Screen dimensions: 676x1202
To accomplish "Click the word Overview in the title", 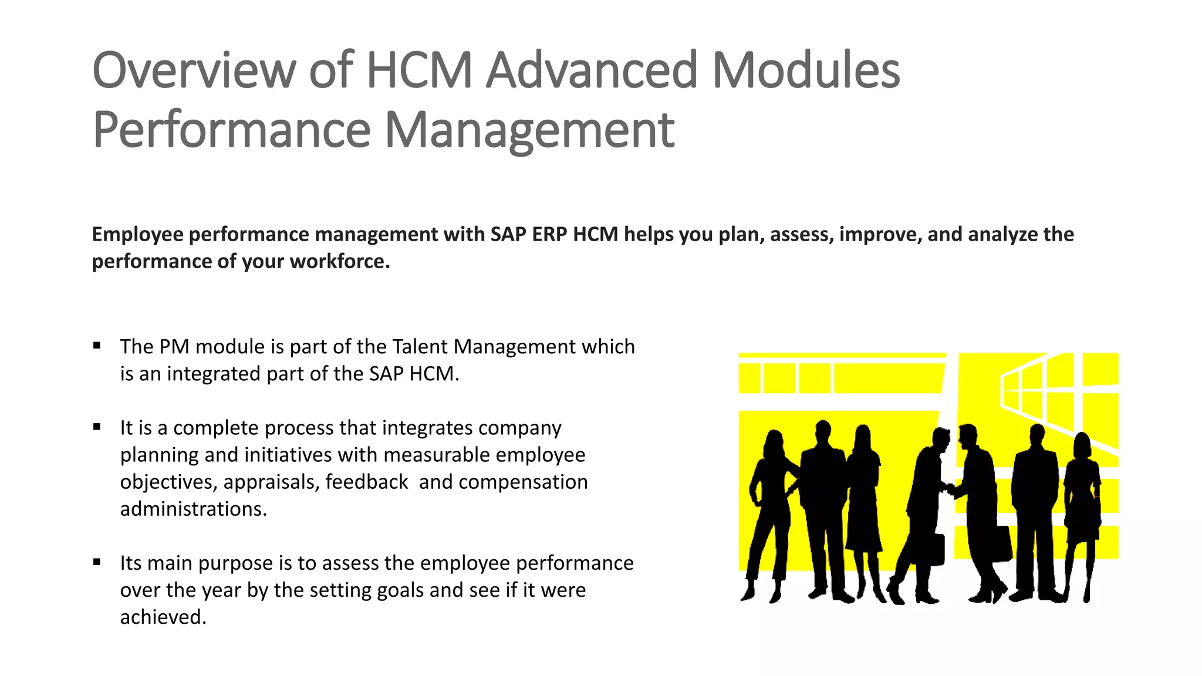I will click(194, 70).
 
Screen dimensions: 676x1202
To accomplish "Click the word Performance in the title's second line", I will click(232, 130).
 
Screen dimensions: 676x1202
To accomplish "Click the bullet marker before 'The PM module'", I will click(97, 346).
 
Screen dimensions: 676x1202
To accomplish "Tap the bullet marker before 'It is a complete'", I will click(97, 427).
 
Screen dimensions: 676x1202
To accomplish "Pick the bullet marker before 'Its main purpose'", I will click(97, 562).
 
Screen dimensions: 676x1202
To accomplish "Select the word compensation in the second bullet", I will click(523, 482).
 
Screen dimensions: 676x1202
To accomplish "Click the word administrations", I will click(193, 509).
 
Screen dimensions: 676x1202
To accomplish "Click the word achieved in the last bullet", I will click(163, 617).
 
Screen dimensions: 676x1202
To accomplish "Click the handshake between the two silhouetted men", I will click(950, 488).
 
